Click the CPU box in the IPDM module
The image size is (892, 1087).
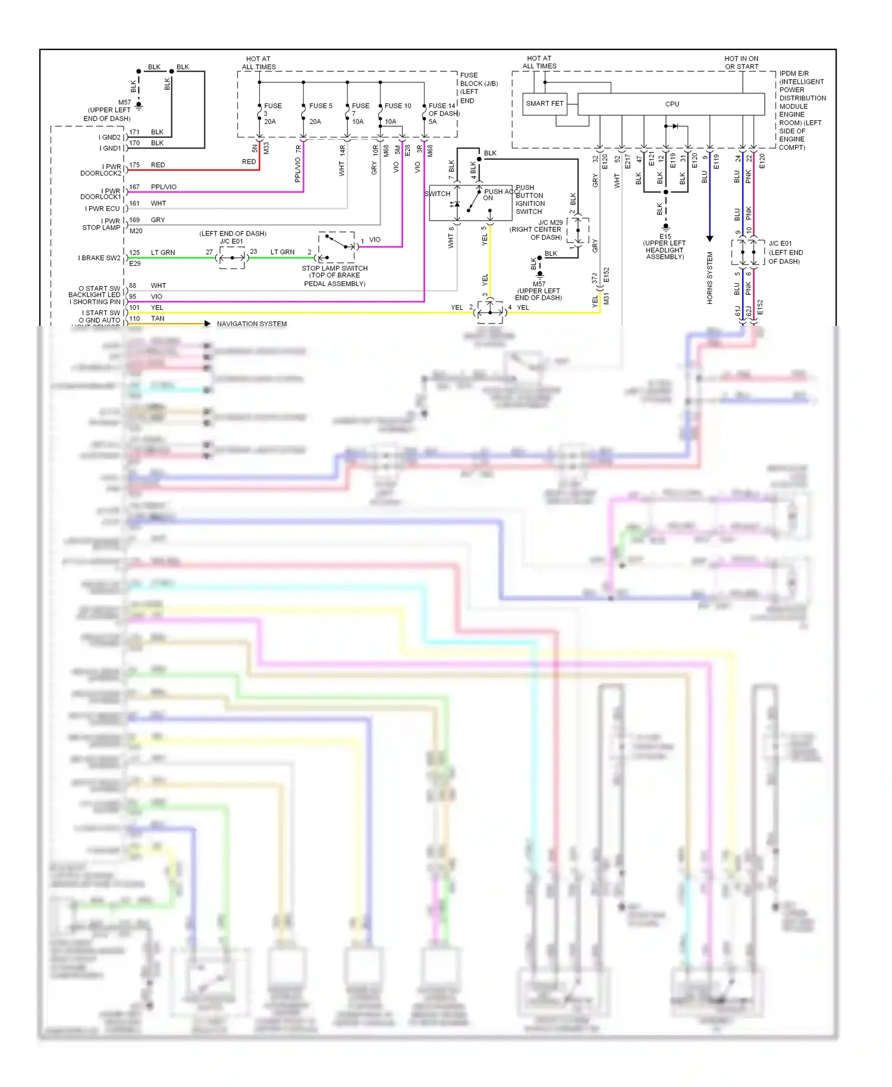[671, 104]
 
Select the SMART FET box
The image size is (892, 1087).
[544, 103]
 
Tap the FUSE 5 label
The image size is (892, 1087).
[321, 106]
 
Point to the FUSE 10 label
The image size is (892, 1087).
[398, 106]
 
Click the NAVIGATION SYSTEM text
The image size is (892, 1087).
[252, 324]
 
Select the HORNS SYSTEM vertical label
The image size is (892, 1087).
[709, 278]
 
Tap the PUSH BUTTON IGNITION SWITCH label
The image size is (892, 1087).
[529, 200]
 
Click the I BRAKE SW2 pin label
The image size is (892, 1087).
[99, 258]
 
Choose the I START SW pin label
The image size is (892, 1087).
[101, 313]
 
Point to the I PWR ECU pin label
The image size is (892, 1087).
[102, 209]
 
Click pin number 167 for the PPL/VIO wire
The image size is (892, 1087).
[134, 187]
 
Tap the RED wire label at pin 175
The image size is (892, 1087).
[158, 165]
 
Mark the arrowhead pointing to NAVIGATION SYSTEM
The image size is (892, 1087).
[207, 323]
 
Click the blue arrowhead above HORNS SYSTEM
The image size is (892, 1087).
[709, 238]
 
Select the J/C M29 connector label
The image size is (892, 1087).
[550, 222]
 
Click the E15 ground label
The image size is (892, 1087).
[665, 237]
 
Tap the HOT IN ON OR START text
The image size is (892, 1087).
[741, 62]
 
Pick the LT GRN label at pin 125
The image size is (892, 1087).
[163, 253]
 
